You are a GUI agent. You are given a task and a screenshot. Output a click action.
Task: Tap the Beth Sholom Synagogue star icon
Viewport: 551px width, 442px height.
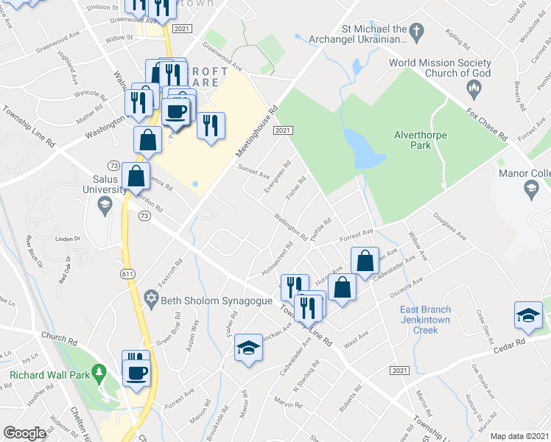coord(152,298)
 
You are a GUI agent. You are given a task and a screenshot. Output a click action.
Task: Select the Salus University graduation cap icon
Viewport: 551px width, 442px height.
coord(104,203)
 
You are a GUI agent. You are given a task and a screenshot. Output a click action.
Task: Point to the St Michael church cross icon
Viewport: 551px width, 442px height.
coord(417,32)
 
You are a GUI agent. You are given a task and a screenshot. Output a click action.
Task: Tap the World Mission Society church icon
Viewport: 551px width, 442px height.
coord(474,90)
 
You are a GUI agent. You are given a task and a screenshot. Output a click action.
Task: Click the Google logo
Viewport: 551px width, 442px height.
coord(24,433)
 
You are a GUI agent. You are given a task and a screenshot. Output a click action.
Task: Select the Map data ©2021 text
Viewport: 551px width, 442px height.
coord(519,436)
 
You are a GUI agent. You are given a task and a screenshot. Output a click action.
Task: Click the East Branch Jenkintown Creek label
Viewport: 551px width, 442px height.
coord(425,320)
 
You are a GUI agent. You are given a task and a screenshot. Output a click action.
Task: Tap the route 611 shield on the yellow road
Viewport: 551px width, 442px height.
coord(127,273)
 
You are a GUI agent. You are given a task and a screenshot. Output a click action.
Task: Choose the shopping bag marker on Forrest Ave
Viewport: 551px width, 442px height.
coord(365,260)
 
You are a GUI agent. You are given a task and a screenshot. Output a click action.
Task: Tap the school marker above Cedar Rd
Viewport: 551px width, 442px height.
coord(528,315)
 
